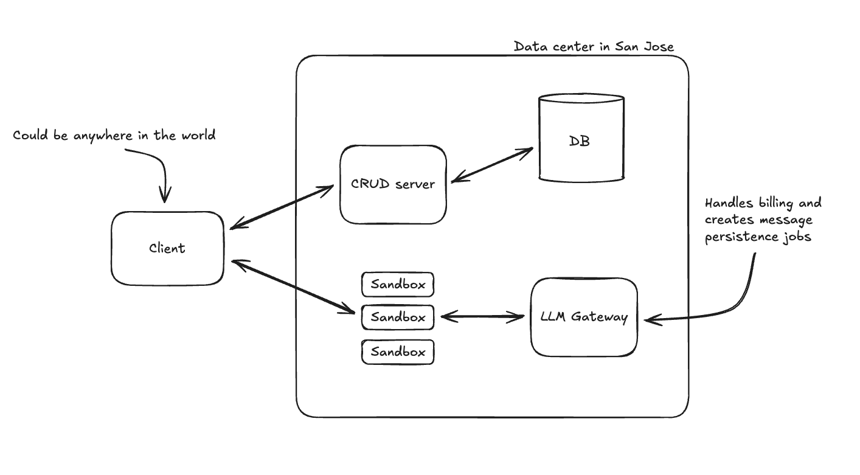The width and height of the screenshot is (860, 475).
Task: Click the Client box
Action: (167, 248)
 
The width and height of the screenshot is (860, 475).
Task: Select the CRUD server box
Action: (393, 184)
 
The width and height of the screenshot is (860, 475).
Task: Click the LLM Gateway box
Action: (584, 317)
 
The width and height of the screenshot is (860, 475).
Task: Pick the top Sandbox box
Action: (398, 284)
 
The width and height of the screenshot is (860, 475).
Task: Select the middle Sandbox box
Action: (398, 317)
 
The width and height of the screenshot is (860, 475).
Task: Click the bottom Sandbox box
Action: (398, 352)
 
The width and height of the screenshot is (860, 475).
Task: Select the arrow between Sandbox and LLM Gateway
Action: (482, 316)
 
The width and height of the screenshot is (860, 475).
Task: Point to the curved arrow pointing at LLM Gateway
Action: (730, 301)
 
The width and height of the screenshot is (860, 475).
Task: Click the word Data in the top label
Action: (527, 47)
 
